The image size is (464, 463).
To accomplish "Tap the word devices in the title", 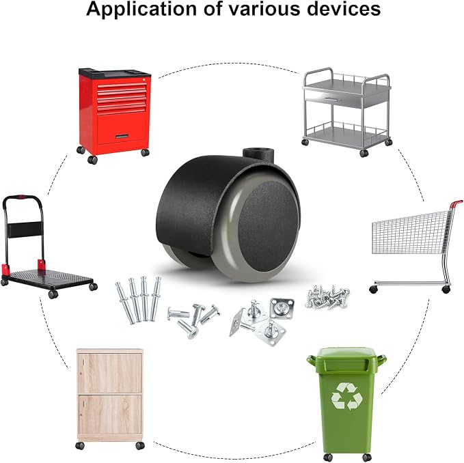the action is point(344,9).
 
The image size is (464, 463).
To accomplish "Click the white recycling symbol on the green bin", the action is point(346,396).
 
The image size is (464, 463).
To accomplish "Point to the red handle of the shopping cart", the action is point(456,204).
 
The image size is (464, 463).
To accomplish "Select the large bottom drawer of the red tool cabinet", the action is point(122,129).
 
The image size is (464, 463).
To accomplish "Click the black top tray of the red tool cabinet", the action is point(115,73).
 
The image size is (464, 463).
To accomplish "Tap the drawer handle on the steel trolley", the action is point(331,100).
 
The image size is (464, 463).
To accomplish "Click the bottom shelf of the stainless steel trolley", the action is point(346,137).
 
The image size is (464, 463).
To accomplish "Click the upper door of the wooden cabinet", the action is point(109,373).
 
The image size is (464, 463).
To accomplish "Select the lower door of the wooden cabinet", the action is point(109,415).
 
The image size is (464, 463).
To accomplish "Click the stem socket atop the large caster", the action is point(258,156).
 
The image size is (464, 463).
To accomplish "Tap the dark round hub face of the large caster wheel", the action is point(268,226).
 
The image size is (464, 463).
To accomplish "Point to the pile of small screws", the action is point(327,297).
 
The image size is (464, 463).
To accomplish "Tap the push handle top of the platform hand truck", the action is point(22,197).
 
